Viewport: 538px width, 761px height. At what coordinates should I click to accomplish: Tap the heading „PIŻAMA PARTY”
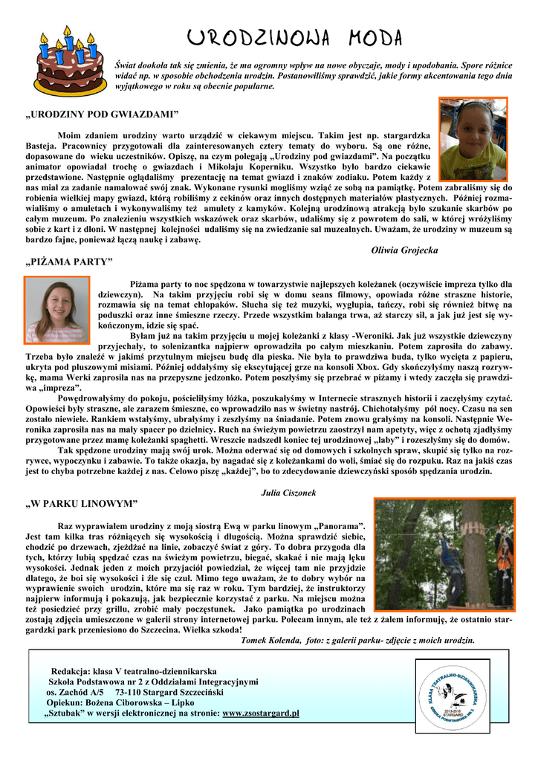69,262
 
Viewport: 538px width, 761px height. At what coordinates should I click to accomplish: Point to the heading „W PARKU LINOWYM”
82,504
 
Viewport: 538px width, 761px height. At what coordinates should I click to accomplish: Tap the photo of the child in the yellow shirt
474,140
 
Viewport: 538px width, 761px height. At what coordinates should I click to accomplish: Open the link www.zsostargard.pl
261,713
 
